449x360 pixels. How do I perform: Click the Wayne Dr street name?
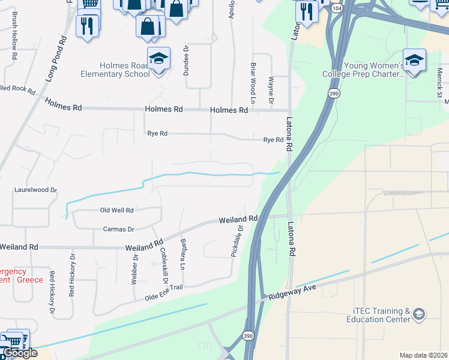[271, 91]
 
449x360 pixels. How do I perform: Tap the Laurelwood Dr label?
[35, 190]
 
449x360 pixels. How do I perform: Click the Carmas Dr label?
[118, 229]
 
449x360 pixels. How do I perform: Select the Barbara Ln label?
[183, 253]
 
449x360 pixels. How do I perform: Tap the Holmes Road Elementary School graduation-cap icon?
[159, 59]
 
